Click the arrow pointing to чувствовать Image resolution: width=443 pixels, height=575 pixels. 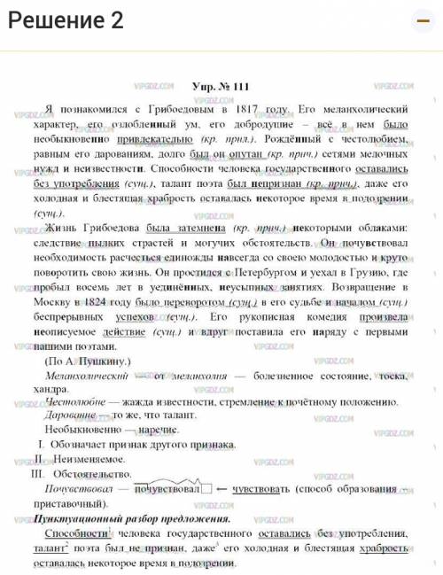(222, 487)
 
